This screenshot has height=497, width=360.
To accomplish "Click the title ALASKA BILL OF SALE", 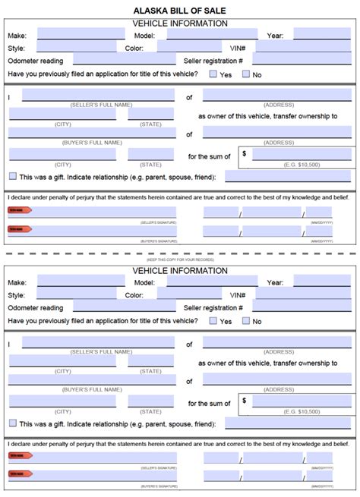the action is pyautogui.click(x=179, y=10).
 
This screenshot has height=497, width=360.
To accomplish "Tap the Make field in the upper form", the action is pyautogui.click(x=81, y=34).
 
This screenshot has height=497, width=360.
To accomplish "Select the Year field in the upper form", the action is pyautogui.click(x=322, y=34).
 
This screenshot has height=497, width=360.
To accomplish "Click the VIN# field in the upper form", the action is pyautogui.click(x=302, y=46).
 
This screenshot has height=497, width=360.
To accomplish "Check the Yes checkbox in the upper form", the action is pyautogui.click(x=213, y=74).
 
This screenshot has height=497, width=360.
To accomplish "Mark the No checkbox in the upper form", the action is pyautogui.click(x=246, y=74).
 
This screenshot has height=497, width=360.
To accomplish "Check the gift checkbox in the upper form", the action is pyautogui.click(x=12, y=176).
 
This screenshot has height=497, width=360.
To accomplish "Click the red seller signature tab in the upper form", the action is pyautogui.click(x=15, y=212).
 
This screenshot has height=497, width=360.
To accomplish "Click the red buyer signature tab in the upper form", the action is pyautogui.click(x=15, y=229).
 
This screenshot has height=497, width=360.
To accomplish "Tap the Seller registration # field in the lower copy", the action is pyautogui.click(x=302, y=307).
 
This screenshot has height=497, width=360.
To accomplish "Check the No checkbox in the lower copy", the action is pyautogui.click(x=246, y=321).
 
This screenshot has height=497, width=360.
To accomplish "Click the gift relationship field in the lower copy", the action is pyautogui.click(x=288, y=423).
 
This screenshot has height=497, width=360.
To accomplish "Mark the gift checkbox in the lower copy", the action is pyautogui.click(x=12, y=423).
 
